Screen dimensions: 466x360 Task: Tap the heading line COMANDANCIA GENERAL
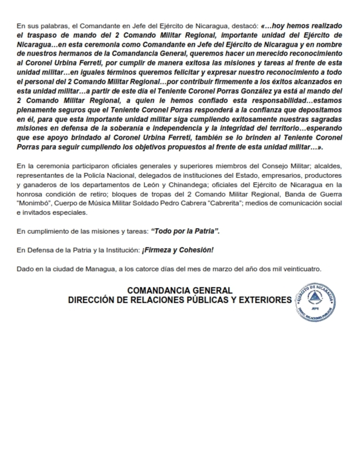point(180,291)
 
